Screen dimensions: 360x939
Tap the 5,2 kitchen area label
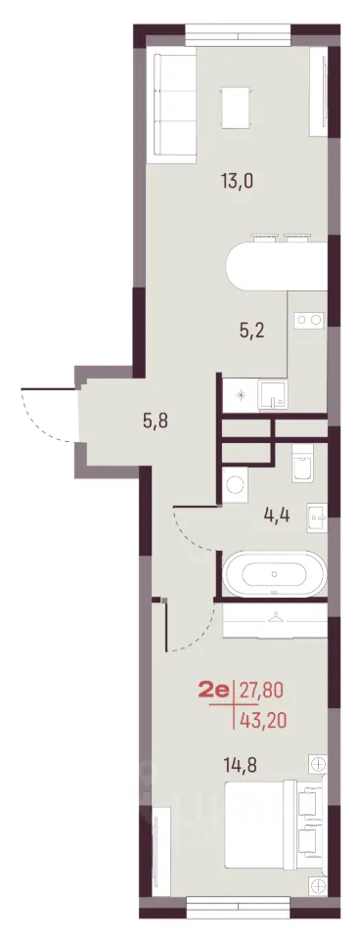pyautogui.click(x=252, y=330)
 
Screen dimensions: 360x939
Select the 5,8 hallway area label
pyautogui.click(x=156, y=421)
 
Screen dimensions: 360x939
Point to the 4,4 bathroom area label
pyautogui.click(x=277, y=514)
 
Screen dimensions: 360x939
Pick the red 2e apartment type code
pyautogui.click(x=214, y=693)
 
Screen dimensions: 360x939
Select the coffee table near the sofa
pyautogui.click(x=236, y=108)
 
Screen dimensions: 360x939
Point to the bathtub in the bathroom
pyautogui.click(x=274, y=574)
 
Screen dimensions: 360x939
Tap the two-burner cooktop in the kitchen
pyautogui.click(x=308, y=320)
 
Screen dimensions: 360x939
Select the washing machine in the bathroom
pyautogui.click(x=234, y=484)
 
